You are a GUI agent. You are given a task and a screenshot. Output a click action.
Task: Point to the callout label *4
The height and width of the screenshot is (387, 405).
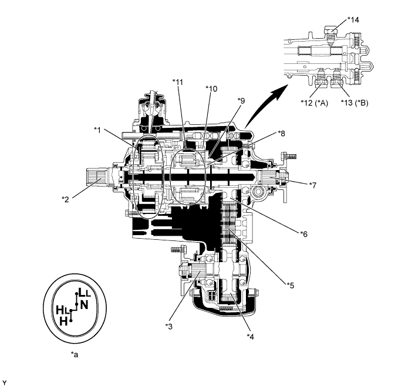coord(251,337)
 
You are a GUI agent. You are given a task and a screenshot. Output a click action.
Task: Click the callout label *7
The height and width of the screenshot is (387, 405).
coord(312,185)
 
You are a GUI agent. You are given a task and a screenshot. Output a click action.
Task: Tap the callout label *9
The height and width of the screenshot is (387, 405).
coord(241,101)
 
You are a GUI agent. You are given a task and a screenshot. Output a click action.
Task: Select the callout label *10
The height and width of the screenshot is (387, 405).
coord(211,89)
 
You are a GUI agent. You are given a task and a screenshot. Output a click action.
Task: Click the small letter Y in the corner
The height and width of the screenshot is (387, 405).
coord(4,381)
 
